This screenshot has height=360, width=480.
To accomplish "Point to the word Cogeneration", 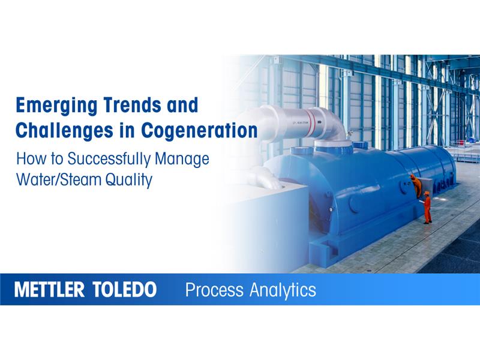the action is pos(200,130).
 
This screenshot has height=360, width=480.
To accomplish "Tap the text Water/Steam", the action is pos(59,179).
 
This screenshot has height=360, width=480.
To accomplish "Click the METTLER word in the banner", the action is pos(50,290).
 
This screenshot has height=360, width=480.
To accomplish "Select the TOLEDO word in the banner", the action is pos(125,290).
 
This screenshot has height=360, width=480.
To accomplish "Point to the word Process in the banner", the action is pos(215,290).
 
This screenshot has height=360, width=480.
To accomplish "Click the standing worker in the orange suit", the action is pos(427,208).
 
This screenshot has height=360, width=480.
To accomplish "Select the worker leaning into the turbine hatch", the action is pos(415,184).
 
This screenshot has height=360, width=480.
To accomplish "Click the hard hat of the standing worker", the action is pos(427,193).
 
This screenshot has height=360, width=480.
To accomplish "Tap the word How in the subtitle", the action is pos(29,159).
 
